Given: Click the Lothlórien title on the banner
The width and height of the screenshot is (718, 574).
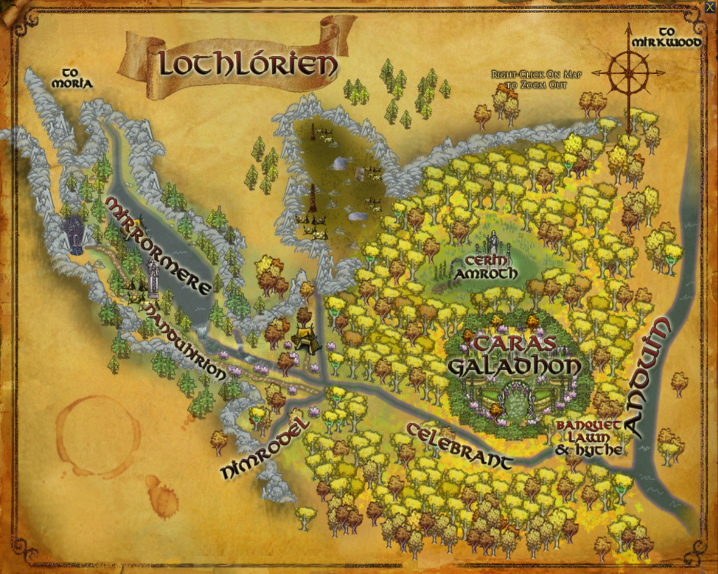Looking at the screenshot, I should click(248, 64).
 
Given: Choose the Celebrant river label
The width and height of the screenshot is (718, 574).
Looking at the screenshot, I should click(460, 446).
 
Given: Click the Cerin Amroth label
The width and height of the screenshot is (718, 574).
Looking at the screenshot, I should click(485, 267).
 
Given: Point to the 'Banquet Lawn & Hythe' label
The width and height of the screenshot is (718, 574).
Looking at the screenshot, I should click(590, 438).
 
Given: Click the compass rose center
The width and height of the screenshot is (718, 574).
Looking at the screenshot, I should click(630, 72).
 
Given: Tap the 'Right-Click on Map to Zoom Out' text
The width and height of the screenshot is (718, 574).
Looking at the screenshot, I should click(536, 79).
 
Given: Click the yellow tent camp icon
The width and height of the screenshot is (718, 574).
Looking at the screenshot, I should click(306, 338).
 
